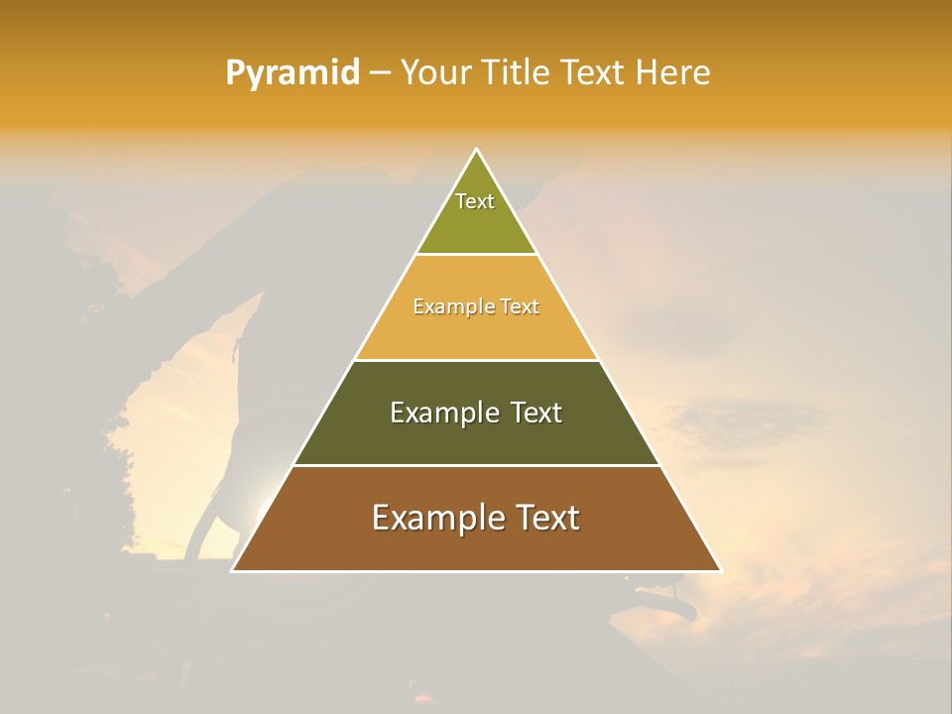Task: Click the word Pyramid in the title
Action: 293,73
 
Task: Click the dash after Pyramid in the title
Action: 379,73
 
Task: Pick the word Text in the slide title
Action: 592,73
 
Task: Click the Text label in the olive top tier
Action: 475,201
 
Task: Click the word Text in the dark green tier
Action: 536,413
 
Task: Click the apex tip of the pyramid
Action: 476,150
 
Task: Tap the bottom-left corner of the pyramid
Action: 232,571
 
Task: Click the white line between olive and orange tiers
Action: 476,255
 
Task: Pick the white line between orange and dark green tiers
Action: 476,360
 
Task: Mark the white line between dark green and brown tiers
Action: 476,465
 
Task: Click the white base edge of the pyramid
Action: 476,571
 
